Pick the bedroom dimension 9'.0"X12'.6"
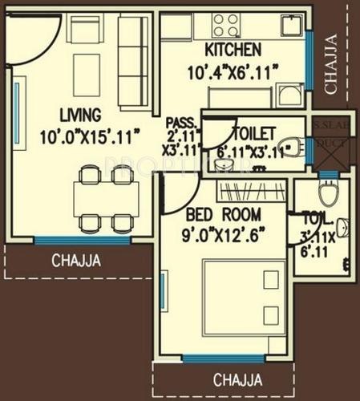click(224, 235)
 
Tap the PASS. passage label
click(180, 121)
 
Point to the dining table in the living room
click(106, 197)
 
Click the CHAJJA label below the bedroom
click(237, 379)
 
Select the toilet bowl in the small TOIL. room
click(327, 193)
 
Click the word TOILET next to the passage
click(253, 132)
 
